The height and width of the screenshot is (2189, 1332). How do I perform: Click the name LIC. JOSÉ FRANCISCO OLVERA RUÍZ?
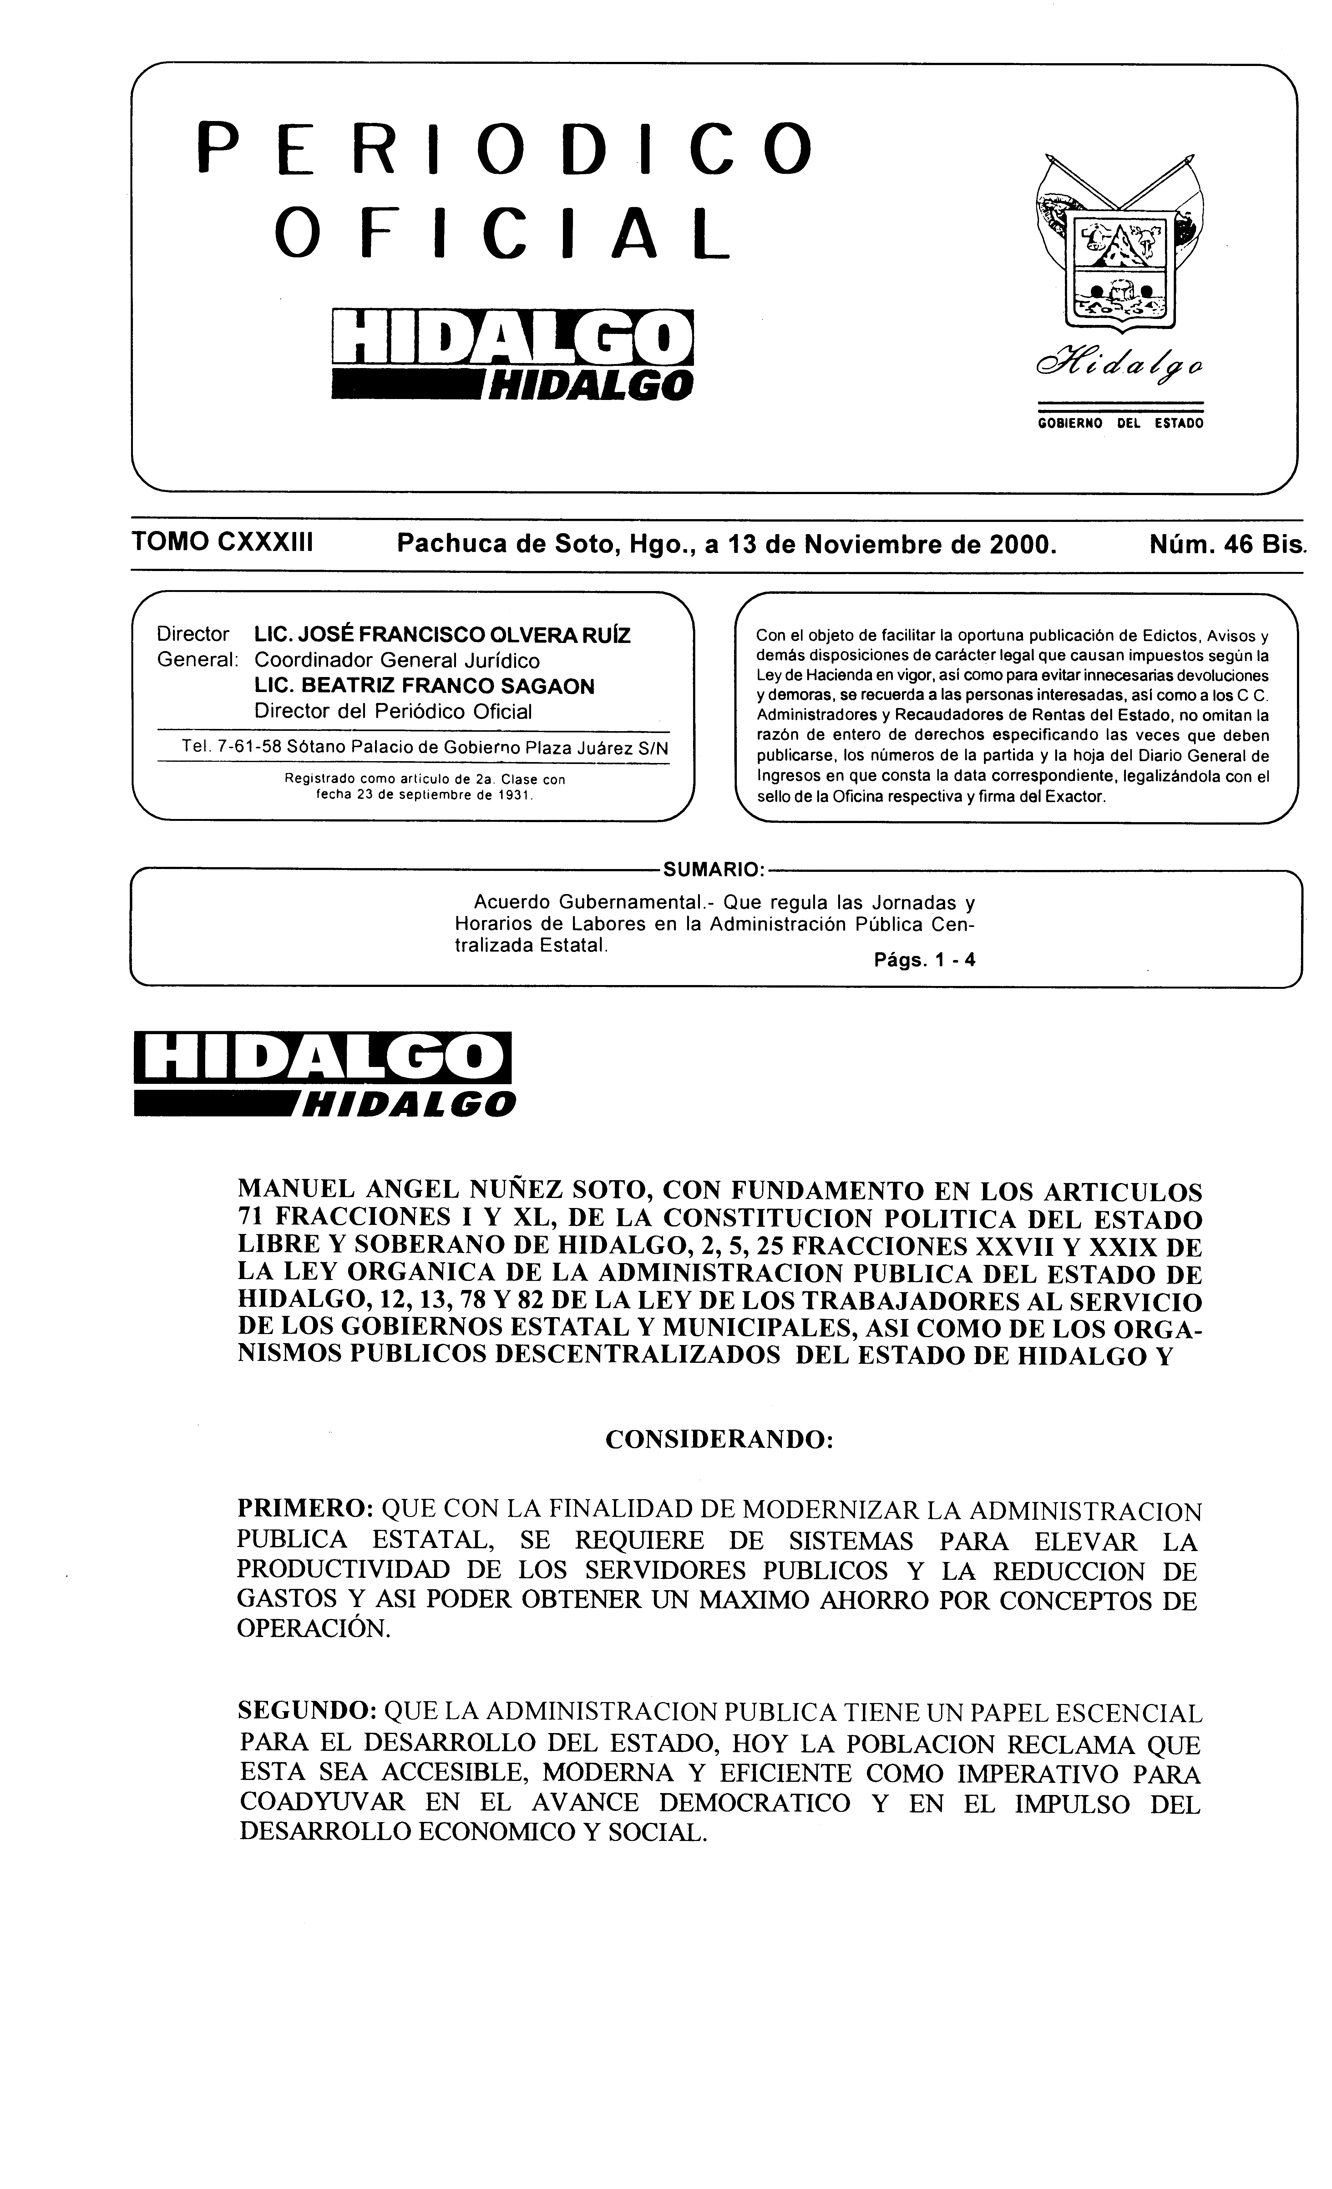[x=442, y=635]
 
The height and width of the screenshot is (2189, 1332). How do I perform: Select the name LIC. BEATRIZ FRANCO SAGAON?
[x=424, y=686]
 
